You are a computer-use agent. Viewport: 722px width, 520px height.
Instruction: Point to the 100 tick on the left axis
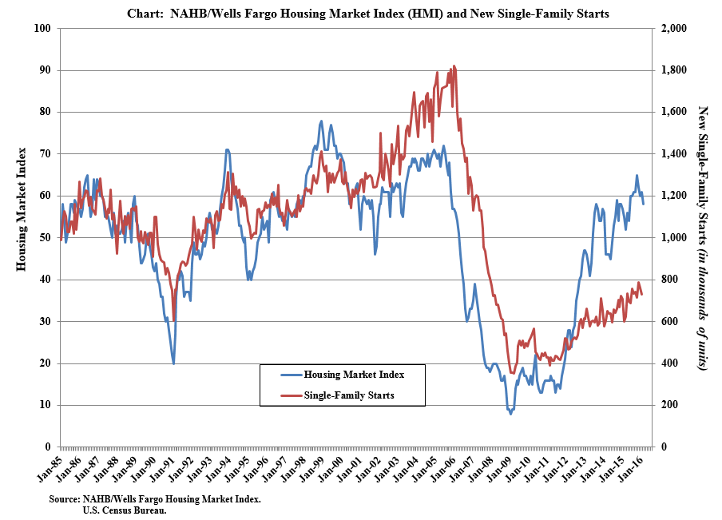(44, 29)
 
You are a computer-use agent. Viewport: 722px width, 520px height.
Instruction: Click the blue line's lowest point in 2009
(510, 414)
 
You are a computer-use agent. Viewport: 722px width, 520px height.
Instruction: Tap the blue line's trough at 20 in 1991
(173, 363)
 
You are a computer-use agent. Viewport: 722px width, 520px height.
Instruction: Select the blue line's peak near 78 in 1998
(321, 121)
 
